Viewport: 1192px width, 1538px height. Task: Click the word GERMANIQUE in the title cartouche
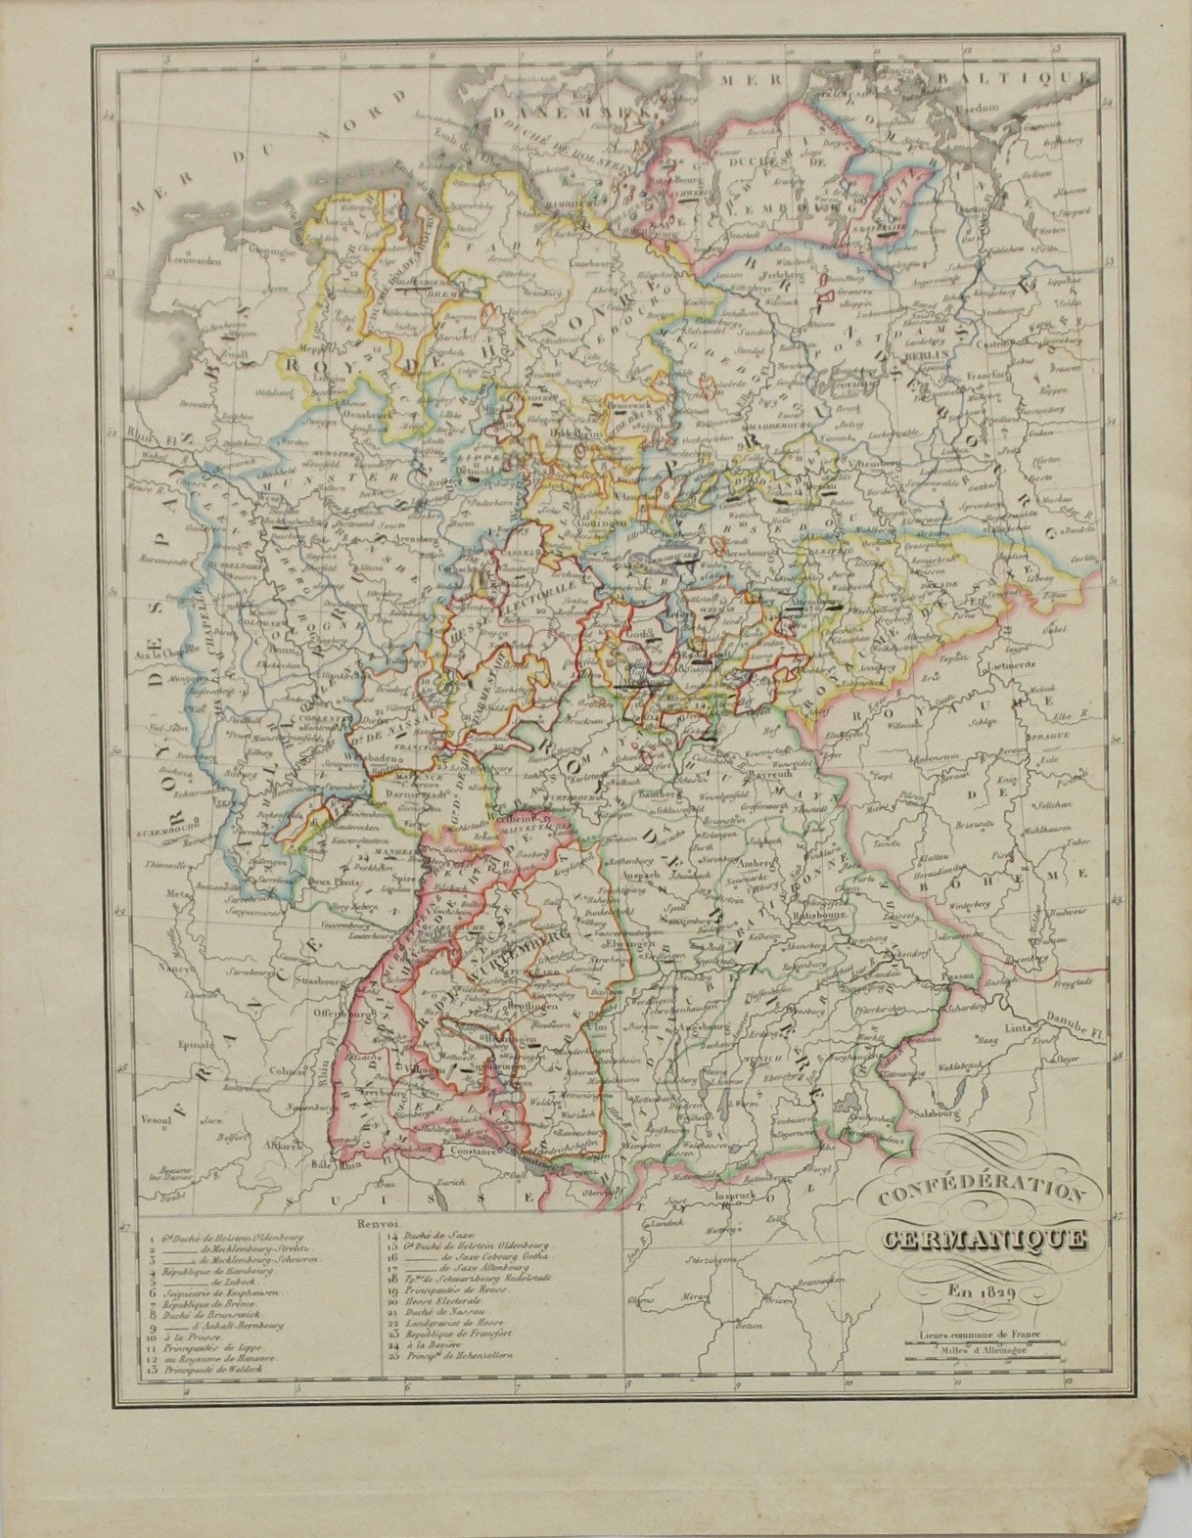point(983,1239)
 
